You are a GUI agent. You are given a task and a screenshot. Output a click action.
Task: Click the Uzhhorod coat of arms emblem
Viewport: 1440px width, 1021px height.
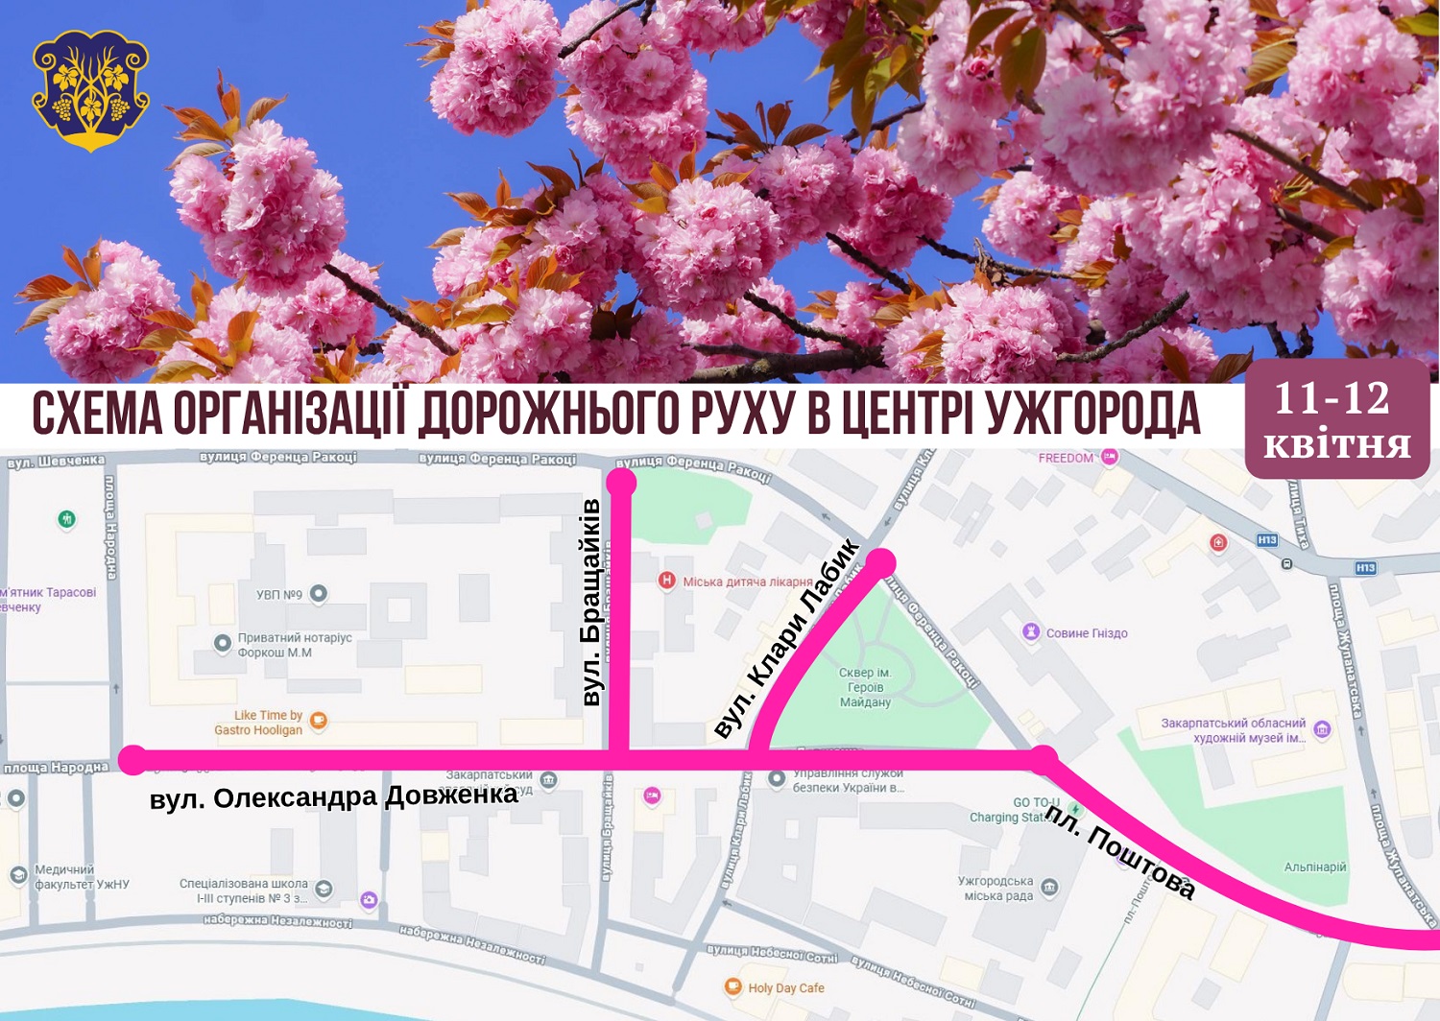point(90,90)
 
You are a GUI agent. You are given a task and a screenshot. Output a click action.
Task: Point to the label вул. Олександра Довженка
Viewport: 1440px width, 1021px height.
point(333,797)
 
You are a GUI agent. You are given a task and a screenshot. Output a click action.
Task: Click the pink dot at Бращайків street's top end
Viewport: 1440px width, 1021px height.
point(621,482)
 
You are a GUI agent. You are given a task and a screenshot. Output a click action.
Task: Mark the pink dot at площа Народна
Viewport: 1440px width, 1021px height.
point(133,760)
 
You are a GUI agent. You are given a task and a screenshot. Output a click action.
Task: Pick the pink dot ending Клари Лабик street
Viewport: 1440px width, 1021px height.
point(880,562)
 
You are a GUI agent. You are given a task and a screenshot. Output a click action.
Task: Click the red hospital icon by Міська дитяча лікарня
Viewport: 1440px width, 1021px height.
point(666,581)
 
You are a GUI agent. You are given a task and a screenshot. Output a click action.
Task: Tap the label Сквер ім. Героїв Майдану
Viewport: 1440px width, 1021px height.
point(865,687)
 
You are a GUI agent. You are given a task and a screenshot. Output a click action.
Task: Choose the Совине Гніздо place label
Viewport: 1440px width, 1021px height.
point(1086,633)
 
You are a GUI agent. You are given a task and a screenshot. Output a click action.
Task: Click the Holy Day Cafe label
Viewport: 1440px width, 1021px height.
point(785,987)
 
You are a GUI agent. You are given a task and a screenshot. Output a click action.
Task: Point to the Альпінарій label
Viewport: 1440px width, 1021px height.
point(1315,867)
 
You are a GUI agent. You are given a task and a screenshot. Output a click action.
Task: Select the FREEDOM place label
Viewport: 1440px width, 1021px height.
point(1066,458)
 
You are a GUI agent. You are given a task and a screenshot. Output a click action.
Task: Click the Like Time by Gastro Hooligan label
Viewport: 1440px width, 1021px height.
point(258,723)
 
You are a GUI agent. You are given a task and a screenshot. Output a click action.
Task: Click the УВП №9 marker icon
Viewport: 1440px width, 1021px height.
point(319,594)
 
